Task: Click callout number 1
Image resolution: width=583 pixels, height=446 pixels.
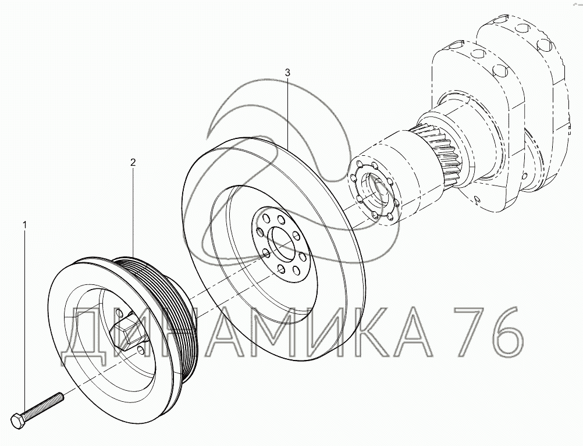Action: coord(25,224)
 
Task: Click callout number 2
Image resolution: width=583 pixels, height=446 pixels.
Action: coord(133,162)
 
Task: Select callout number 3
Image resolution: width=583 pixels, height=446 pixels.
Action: coord(287,73)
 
